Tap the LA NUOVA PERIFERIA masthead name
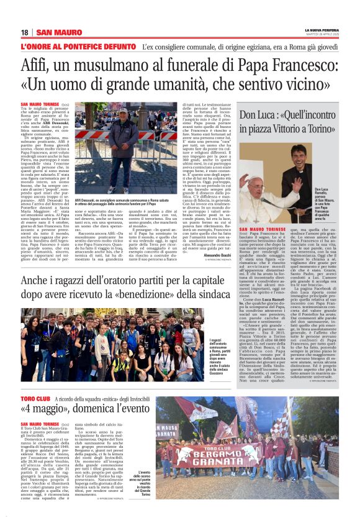[321, 30]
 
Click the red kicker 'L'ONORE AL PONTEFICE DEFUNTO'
[77, 47]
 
